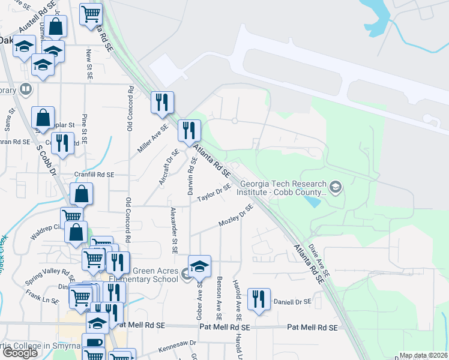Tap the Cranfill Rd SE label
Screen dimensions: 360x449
93,175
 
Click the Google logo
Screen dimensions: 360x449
20,353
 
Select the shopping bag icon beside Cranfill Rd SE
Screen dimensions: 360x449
82,194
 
